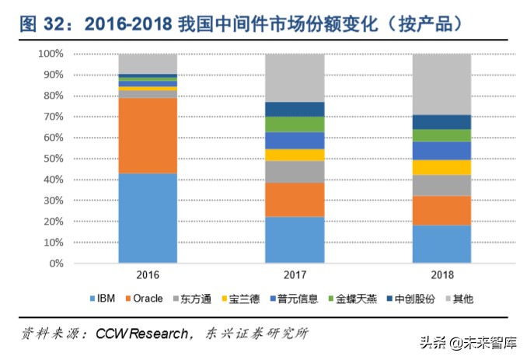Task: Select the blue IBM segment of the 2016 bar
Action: coord(148,218)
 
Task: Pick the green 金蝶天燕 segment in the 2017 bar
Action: coord(295,124)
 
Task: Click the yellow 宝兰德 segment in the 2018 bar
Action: coord(441,167)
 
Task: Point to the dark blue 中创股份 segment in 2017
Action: coord(295,109)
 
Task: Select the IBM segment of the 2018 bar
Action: coord(441,243)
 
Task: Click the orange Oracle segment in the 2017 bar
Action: coord(295,200)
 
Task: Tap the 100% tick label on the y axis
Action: coord(50,54)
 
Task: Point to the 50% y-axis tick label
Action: coord(52,159)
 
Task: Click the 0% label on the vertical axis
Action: coord(55,264)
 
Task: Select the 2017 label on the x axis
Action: coord(295,276)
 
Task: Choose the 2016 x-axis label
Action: coord(148,276)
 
